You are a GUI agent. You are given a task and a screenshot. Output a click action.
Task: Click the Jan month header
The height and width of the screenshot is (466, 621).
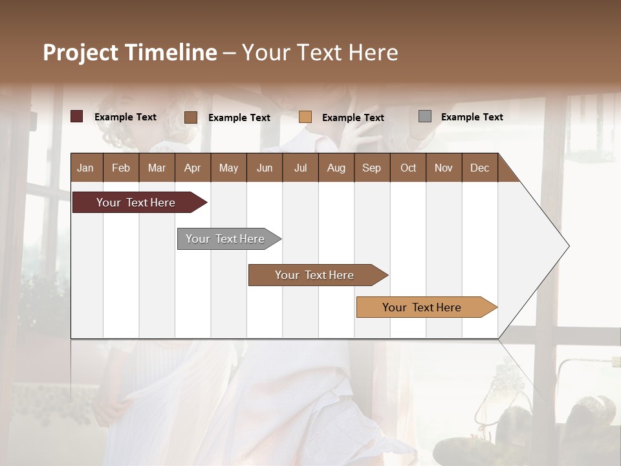pos(86,168)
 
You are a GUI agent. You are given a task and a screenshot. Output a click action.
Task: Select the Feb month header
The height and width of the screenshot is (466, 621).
pos(121,168)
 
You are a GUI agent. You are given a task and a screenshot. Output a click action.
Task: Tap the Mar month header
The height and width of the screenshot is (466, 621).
pos(157,168)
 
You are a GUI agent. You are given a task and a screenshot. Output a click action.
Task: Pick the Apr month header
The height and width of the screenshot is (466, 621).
pos(193,168)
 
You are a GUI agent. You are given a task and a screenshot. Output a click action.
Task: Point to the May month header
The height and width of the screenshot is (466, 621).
pos(228,168)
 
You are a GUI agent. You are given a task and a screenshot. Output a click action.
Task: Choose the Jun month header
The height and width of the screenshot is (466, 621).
pos(265,168)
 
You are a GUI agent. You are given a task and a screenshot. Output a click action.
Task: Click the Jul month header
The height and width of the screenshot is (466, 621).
pos(300,168)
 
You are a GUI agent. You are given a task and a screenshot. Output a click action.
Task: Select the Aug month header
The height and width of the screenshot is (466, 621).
pos(336,168)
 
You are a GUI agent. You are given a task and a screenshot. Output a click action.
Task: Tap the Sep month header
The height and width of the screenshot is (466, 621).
pos(372,168)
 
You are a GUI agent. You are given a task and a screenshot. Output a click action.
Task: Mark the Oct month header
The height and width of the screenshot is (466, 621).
pos(408,168)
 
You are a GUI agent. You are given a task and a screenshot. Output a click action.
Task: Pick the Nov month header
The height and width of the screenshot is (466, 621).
pos(444,168)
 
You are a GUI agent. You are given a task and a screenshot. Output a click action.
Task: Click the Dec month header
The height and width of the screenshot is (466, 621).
pos(480,168)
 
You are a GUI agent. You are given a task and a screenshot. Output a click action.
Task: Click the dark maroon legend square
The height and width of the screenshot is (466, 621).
pos(77,116)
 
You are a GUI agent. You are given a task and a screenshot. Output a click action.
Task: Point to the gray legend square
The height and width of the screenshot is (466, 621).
pos(425,116)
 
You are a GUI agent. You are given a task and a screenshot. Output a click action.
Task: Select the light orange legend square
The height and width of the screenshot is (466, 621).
pos(305,117)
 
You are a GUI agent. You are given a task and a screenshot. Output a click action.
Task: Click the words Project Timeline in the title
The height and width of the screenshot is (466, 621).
pos(130,52)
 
